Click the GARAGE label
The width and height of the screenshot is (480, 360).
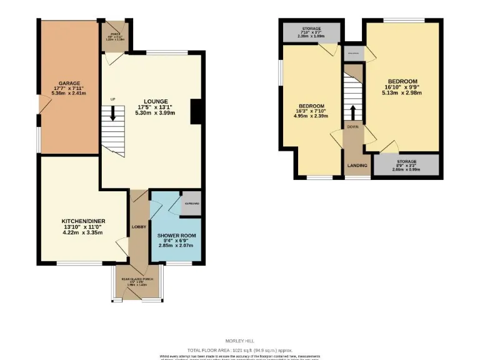68,82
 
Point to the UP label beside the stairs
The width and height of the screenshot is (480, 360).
112,99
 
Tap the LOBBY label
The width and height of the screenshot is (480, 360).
139,227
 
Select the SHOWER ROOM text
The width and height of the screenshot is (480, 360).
172,235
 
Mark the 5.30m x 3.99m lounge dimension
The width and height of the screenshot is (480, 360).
156,113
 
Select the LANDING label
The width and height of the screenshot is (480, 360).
357,166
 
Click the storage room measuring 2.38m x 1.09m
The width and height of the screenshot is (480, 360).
311,32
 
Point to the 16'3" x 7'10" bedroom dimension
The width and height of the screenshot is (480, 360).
311,112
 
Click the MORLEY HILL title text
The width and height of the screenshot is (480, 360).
239,341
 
